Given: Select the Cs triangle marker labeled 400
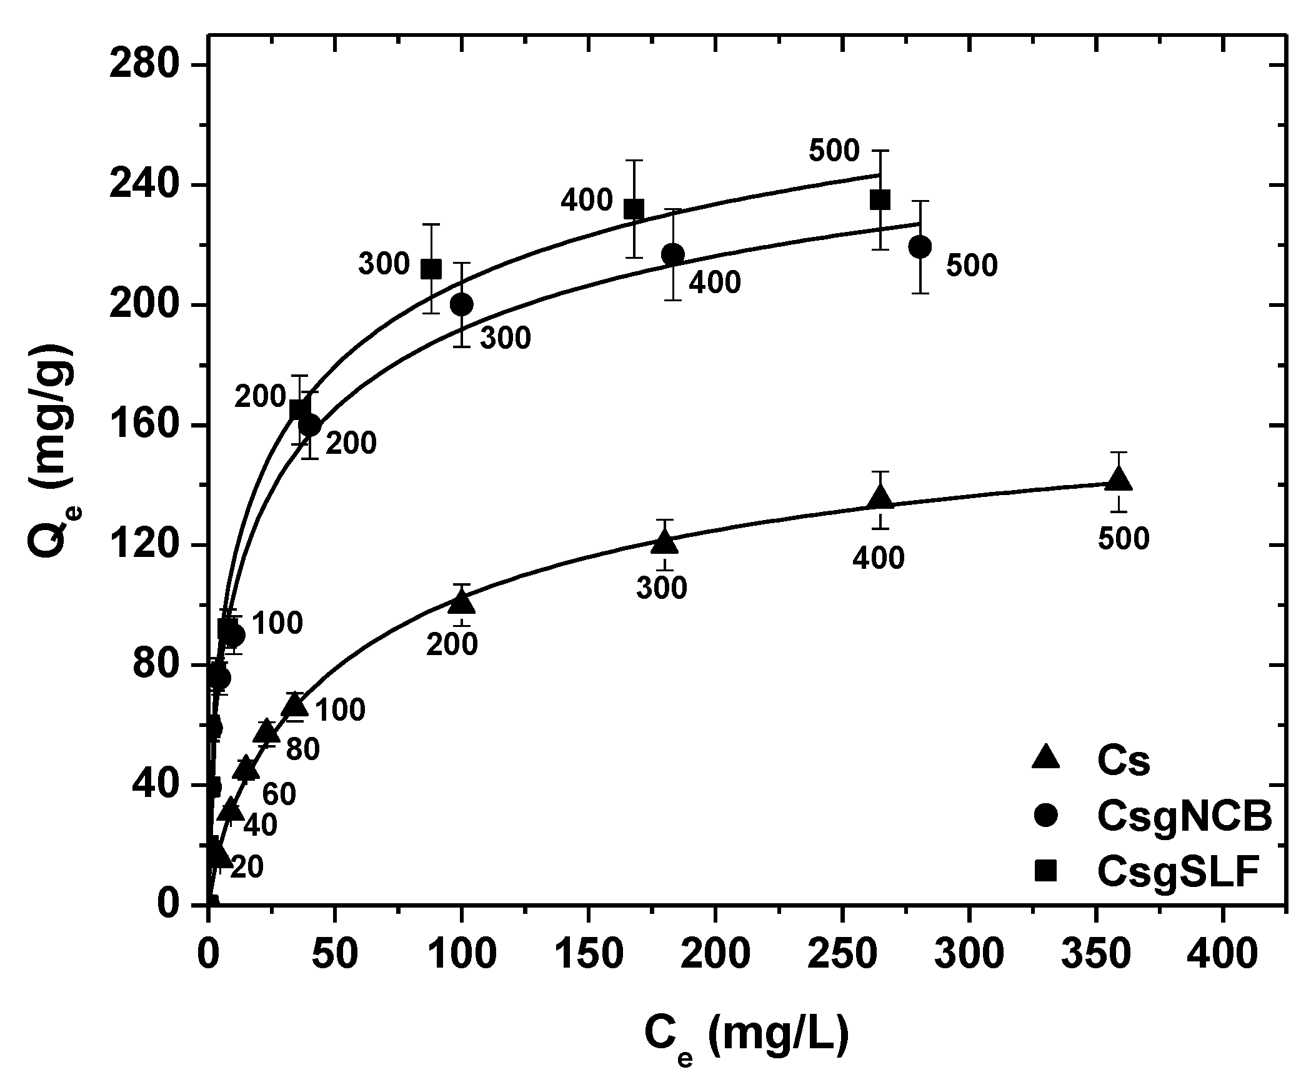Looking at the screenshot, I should point(880,499).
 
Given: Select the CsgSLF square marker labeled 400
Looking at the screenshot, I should point(634,210).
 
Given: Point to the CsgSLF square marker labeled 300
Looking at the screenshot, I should point(431,270).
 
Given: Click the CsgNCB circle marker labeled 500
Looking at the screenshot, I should point(920,247).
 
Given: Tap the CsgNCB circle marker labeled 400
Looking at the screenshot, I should point(672,254).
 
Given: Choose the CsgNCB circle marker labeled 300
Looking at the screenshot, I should point(461,304).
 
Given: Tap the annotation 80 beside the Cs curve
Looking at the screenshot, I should point(302,750).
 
